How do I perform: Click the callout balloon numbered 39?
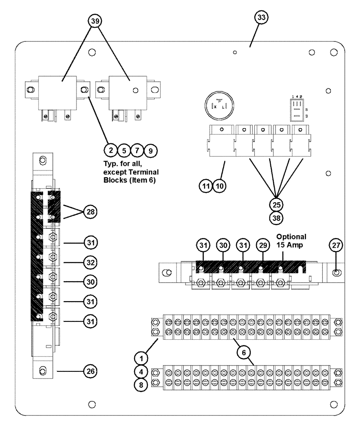coord(95,22)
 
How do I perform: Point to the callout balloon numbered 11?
coord(206,185)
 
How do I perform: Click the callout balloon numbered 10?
coord(219,185)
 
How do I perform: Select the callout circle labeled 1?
coord(142,357)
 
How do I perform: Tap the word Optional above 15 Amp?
coord(291,236)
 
